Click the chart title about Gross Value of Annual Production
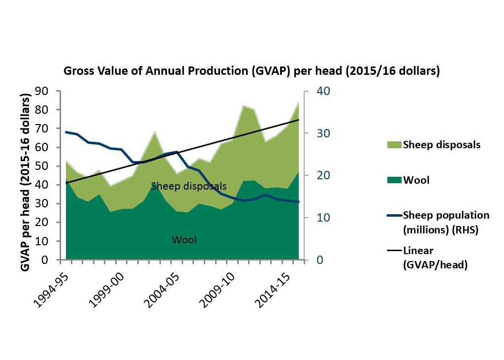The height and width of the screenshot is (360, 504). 252,71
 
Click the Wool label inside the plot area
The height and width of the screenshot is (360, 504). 184,240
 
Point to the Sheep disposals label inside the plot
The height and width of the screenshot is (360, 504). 189,186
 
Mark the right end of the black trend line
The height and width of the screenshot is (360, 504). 299,120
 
